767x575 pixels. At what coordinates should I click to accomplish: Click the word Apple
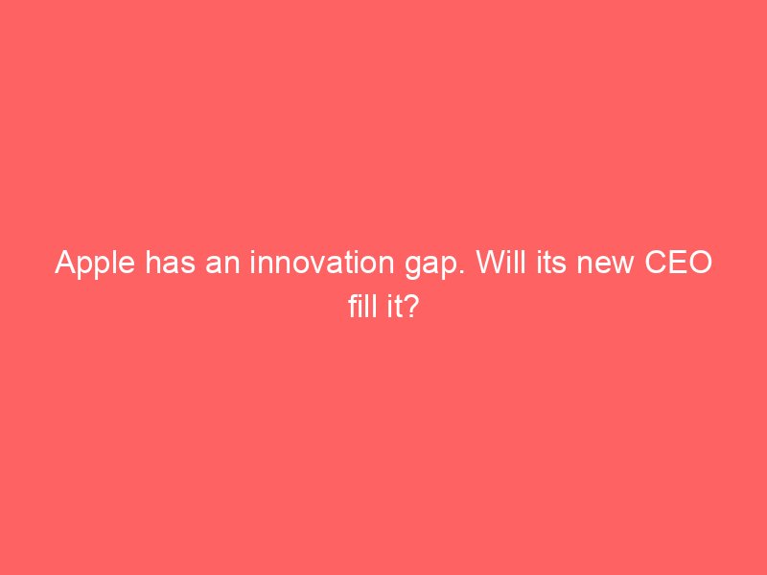(95, 264)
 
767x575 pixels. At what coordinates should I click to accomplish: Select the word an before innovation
(222, 265)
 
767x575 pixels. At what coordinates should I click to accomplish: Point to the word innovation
(322, 262)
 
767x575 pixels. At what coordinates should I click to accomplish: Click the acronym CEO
(679, 262)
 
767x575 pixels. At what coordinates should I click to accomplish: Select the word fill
(361, 306)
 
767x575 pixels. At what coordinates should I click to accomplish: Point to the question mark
(410, 306)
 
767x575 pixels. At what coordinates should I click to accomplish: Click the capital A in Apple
(66, 263)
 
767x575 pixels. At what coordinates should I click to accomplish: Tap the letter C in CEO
(656, 262)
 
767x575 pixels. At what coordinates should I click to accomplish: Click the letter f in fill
(354, 306)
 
